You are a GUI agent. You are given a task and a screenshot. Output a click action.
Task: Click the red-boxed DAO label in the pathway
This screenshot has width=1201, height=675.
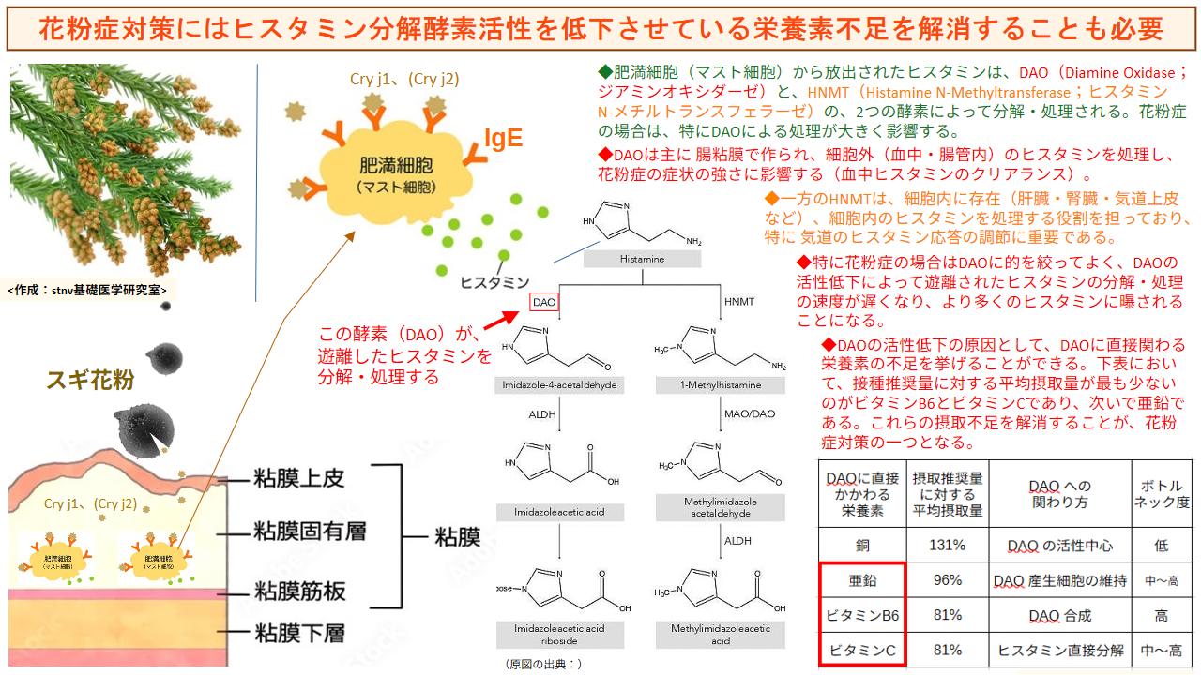tap(544, 302)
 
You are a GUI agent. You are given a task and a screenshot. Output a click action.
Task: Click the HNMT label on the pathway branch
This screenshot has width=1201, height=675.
tap(738, 302)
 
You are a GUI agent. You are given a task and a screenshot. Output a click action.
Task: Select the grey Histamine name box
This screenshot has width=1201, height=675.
tap(642, 259)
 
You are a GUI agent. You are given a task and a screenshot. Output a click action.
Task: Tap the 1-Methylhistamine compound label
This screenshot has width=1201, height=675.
tap(722, 385)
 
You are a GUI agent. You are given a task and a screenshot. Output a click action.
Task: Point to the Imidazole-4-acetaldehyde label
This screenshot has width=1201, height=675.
tap(559, 385)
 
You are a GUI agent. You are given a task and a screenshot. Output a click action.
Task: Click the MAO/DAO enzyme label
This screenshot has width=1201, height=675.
tap(751, 413)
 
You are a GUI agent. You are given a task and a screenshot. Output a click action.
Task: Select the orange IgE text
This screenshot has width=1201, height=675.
tap(502, 141)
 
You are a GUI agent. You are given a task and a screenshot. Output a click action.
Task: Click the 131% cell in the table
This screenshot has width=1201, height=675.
tap(948, 545)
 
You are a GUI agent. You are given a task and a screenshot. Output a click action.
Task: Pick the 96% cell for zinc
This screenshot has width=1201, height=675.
tap(948, 580)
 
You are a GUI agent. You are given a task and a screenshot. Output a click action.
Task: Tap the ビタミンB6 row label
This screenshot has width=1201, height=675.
tap(862, 615)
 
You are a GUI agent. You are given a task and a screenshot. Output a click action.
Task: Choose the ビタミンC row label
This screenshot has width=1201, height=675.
tap(862, 650)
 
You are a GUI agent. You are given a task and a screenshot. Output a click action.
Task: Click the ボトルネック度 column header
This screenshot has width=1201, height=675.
tap(1166, 494)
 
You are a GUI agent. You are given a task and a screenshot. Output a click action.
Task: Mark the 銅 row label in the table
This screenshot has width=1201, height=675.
tap(862, 545)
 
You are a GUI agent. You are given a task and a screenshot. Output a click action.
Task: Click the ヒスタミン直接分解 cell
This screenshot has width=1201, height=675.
tap(1060, 650)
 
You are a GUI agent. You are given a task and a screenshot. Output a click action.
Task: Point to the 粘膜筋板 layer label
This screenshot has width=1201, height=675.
tap(299, 591)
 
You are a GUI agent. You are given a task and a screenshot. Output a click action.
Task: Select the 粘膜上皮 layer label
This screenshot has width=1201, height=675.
tap(299, 478)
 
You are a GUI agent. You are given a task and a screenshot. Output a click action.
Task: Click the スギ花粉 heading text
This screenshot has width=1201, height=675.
tap(90, 381)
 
